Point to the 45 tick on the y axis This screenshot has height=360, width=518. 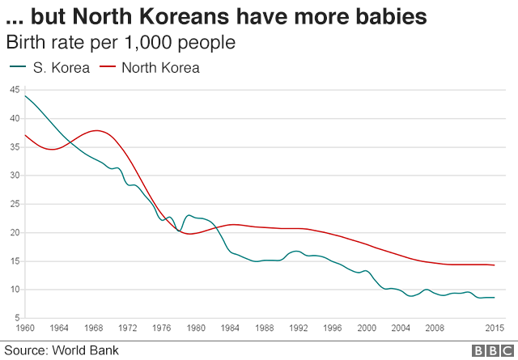click(x=14, y=90)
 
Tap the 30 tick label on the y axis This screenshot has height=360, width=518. click(x=14, y=176)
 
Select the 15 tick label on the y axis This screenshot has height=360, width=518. click(x=14, y=261)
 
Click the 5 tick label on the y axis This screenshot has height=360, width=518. click(x=16, y=318)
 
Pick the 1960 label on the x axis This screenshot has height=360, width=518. click(x=26, y=328)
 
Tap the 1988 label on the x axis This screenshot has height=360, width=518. click(x=262, y=328)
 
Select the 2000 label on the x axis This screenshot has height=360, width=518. click(x=367, y=328)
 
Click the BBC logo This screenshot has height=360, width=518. click(x=489, y=350)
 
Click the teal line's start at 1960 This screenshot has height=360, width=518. click(x=25, y=96)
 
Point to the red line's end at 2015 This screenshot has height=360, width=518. click(x=494, y=265)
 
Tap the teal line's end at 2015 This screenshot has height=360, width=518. click(x=494, y=298)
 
